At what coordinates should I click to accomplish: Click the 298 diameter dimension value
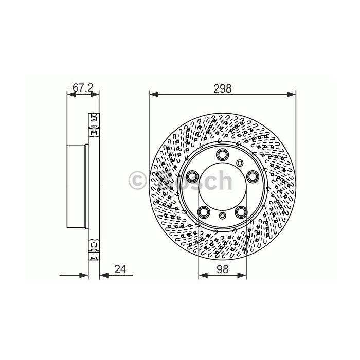(x=223, y=88)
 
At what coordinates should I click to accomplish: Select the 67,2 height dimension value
(x=83, y=87)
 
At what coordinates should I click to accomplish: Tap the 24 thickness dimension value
(x=120, y=269)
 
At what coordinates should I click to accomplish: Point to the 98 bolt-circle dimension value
(x=222, y=269)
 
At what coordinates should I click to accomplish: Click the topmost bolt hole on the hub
(x=222, y=154)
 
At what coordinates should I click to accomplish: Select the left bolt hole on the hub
(x=192, y=176)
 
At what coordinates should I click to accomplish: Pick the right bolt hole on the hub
(x=253, y=176)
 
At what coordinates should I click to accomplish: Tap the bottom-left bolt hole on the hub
(x=204, y=212)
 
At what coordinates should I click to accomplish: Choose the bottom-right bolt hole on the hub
(x=241, y=212)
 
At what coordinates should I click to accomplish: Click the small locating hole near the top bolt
(x=240, y=163)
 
